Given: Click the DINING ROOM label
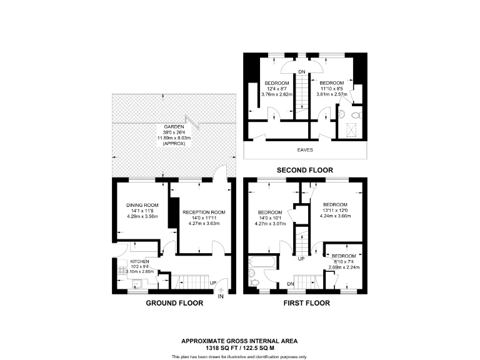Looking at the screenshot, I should (x=142, y=205).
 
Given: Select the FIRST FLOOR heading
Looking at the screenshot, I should (x=306, y=303).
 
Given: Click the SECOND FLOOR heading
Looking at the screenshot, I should (x=306, y=170).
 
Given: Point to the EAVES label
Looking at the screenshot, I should (x=306, y=151).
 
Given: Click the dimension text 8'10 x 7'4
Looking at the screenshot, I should (x=343, y=262).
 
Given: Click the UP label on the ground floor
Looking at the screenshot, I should (x=213, y=282).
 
